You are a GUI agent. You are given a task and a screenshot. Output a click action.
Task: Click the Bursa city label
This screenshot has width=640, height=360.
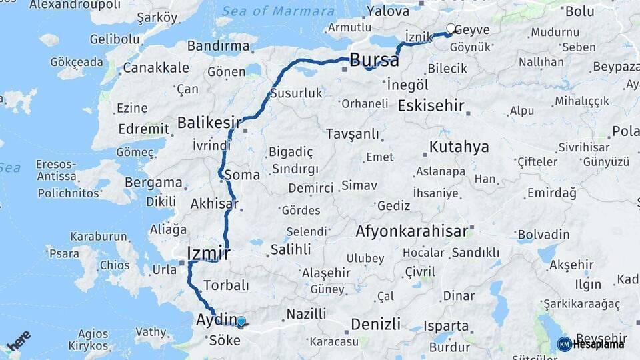pyautogui.click(x=374, y=60)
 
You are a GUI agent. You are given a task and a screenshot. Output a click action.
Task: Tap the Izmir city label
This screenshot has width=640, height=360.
pyautogui.click(x=209, y=253)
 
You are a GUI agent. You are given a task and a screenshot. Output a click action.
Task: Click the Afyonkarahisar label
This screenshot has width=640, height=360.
pyautogui.click(x=411, y=231)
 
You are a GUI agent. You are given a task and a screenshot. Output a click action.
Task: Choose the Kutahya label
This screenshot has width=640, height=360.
pyautogui.click(x=459, y=147)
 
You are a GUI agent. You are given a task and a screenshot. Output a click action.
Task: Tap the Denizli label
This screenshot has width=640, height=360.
pyautogui.click(x=375, y=324)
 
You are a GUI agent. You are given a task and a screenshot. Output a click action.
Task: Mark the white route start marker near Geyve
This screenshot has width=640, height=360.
pyautogui.click(x=451, y=29)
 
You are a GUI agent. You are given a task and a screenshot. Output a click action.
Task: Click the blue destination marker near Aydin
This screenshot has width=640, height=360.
pyautogui.click(x=241, y=322)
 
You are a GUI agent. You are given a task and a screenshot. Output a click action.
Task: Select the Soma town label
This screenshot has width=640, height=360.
pyautogui.click(x=242, y=175)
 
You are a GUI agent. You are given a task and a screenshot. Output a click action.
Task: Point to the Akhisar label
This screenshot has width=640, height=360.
pyautogui.click(x=214, y=203)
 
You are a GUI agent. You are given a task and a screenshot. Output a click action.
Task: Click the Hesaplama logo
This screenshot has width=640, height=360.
pyautogui.click(x=591, y=344)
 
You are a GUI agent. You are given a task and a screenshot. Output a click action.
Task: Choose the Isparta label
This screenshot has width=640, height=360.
pyautogui.click(x=447, y=326)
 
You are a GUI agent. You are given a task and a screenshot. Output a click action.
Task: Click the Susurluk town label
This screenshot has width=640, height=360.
pyautogui.click(x=295, y=93)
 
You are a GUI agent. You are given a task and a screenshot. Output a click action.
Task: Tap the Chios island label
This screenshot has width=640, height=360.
pyautogui.click(x=115, y=265)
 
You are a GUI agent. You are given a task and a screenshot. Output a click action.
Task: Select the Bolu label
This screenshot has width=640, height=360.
pyautogui.click(x=579, y=11)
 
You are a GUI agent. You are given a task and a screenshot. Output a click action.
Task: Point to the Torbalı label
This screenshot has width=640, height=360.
pyautogui.click(x=225, y=285)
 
